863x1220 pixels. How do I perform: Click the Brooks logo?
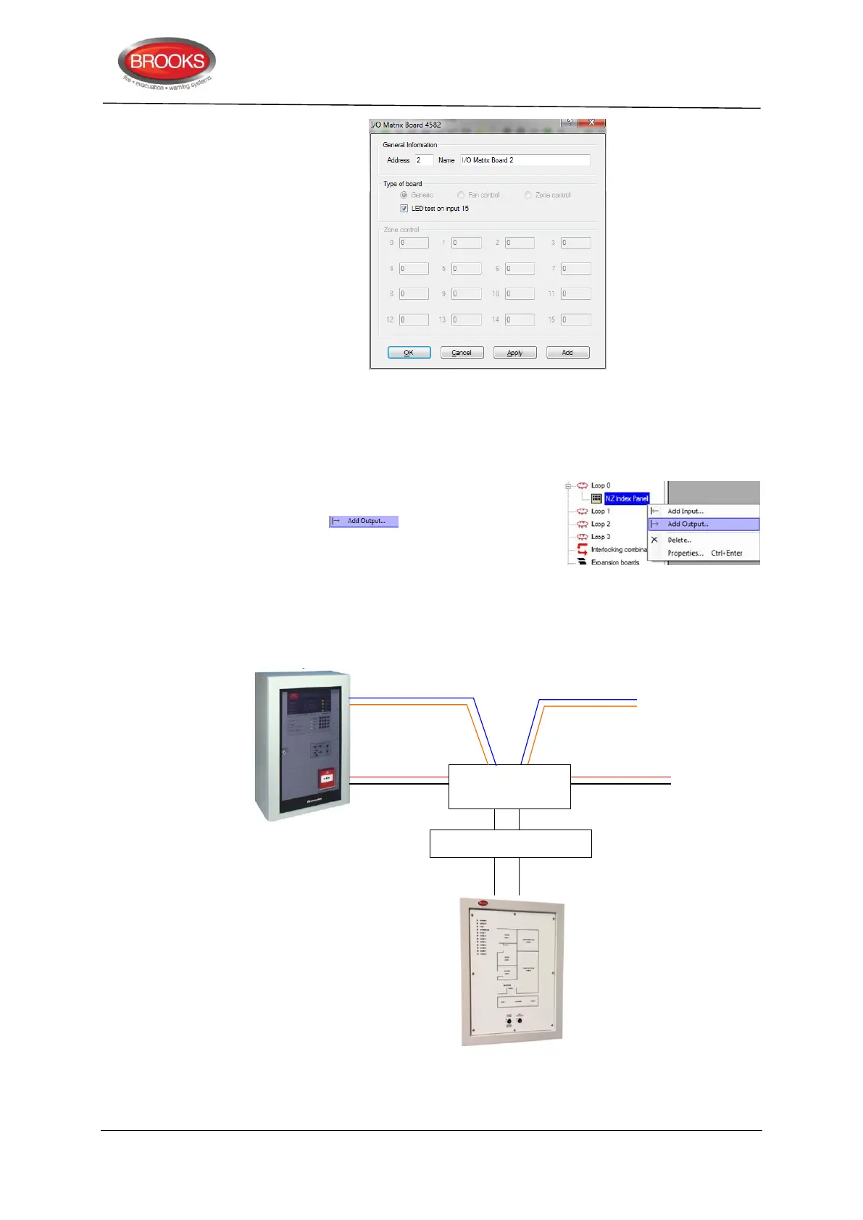pyautogui.click(x=167, y=64)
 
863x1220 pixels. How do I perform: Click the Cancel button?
pyautogui.click(x=462, y=353)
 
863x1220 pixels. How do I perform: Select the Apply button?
pyautogui.click(x=514, y=353)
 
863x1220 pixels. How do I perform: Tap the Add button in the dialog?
pyautogui.click(x=567, y=353)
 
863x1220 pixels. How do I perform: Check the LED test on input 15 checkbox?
pyautogui.click(x=404, y=209)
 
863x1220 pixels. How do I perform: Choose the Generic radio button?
pyautogui.click(x=404, y=195)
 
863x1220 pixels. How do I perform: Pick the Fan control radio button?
pyautogui.click(x=461, y=195)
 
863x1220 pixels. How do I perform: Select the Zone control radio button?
pyautogui.click(x=528, y=195)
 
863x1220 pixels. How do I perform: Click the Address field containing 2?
pyautogui.click(x=423, y=160)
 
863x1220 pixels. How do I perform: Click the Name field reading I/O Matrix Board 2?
pyautogui.click(x=525, y=160)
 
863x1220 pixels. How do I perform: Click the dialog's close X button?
pyautogui.click(x=592, y=122)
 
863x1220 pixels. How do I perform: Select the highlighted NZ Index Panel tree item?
pyautogui.click(x=627, y=498)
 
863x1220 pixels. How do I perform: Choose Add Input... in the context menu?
pyautogui.click(x=685, y=511)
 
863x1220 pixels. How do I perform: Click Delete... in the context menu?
pyautogui.click(x=679, y=540)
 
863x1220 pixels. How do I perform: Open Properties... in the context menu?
pyautogui.click(x=685, y=553)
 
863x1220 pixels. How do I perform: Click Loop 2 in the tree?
pyautogui.click(x=600, y=524)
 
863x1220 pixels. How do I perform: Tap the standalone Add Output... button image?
pyautogui.click(x=364, y=521)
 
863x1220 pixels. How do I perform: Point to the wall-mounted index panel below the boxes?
pyautogui.click(x=512, y=972)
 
